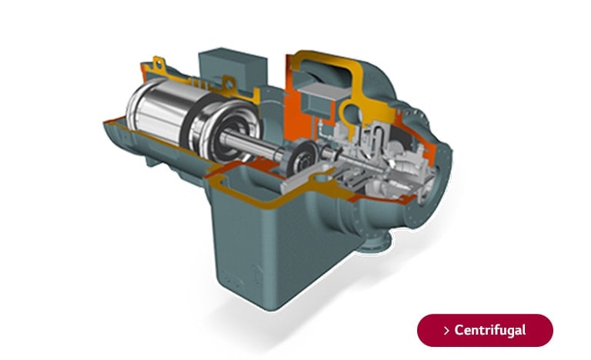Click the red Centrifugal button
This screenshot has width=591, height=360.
click(x=485, y=330)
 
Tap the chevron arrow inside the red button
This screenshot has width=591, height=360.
click(x=447, y=331)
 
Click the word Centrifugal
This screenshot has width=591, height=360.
click(x=490, y=330)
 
